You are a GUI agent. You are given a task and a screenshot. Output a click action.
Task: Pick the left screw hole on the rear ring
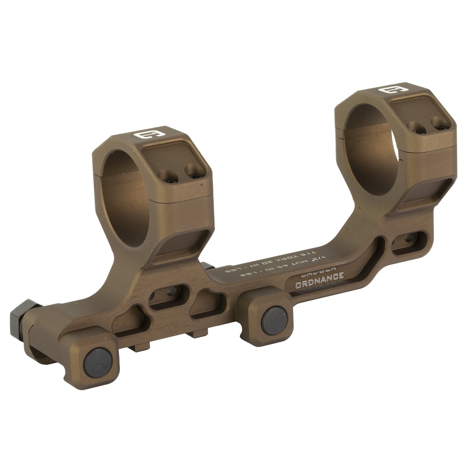pyautogui.click(x=416, y=127)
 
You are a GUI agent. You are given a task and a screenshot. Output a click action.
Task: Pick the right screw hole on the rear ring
pyautogui.click(x=439, y=122)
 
